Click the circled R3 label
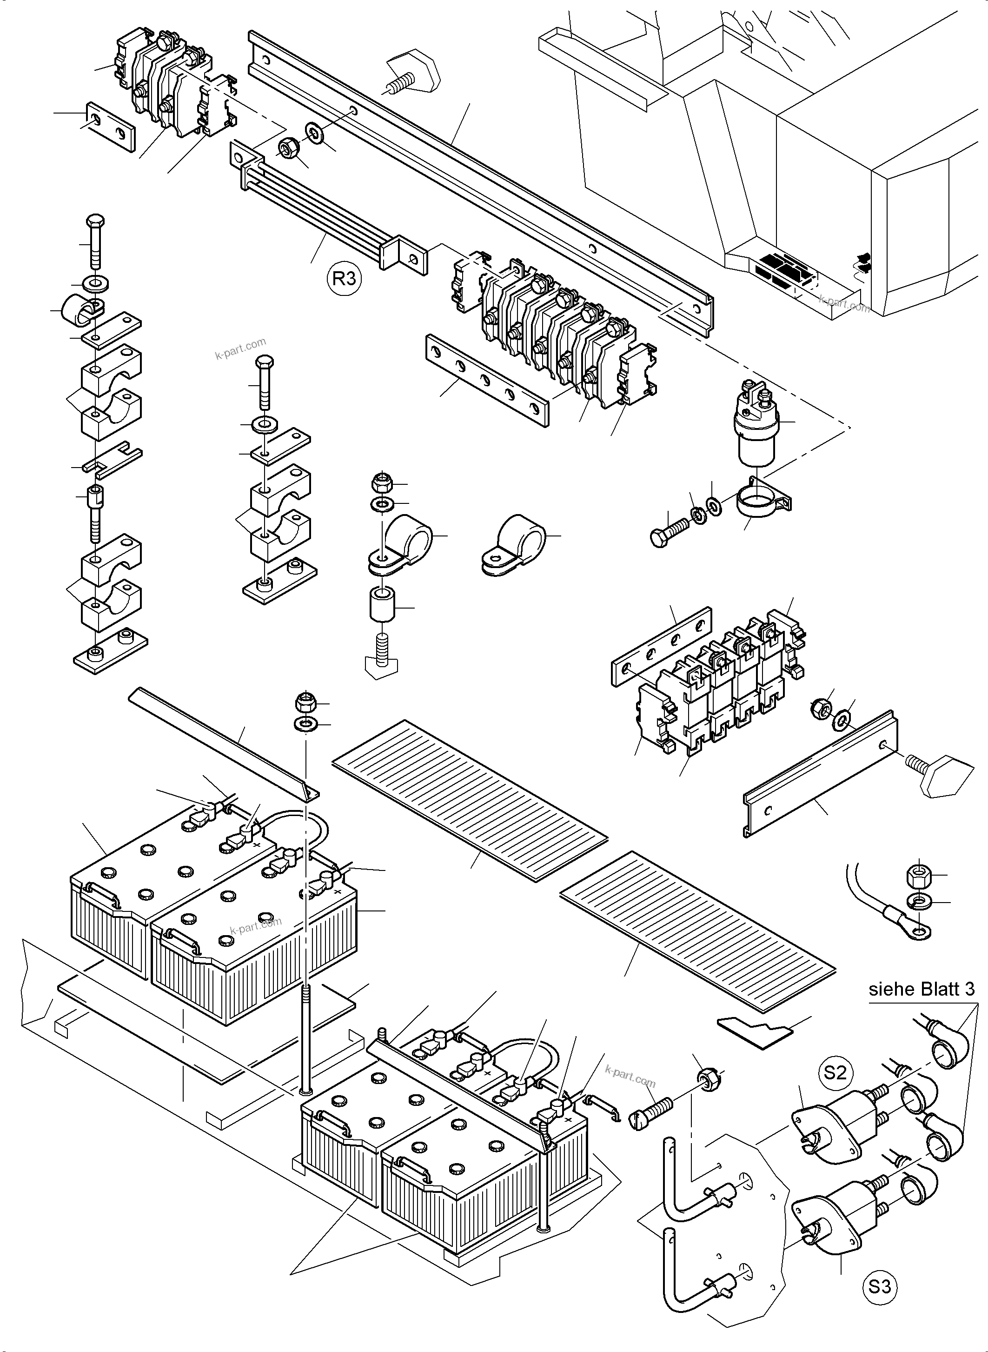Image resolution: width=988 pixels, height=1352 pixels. (345, 279)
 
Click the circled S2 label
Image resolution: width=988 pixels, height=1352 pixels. (835, 1072)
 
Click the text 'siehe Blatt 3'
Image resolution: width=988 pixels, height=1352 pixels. (921, 989)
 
